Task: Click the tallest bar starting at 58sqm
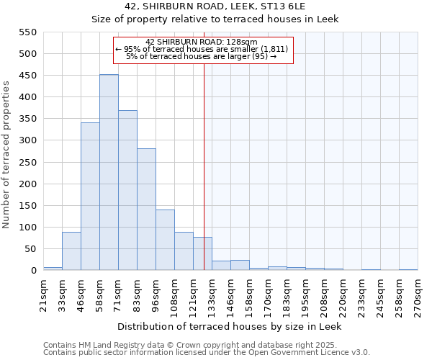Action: click(x=109, y=173)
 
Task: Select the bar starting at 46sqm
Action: click(x=90, y=197)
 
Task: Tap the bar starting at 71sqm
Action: click(x=127, y=191)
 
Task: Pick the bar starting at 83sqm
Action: click(x=146, y=210)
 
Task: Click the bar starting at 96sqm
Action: click(x=165, y=240)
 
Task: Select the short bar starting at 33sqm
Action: click(x=71, y=251)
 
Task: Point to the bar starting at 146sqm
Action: click(x=240, y=265)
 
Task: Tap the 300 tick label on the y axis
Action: click(x=27, y=140)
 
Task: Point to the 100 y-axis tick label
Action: click(x=27, y=228)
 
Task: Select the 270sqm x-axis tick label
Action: click(x=418, y=294)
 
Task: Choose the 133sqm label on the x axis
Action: click(x=212, y=294)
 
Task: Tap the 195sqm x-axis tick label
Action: click(x=305, y=294)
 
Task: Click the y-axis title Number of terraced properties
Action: click(x=7, y=155)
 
